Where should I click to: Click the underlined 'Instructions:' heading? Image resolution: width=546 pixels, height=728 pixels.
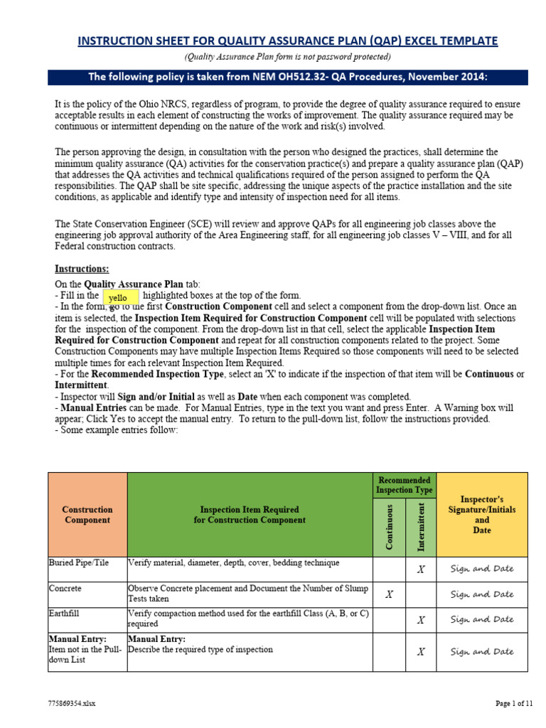pyautogui.click(x=82, y=269)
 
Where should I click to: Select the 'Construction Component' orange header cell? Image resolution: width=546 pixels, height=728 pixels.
pyautogui.click(x=87, y=515)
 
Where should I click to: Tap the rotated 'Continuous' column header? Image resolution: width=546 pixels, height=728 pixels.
pyautogui.click(x=390, y=527)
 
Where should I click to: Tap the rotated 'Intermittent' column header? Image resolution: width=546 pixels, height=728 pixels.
pyautogui.click(x=421, y=527)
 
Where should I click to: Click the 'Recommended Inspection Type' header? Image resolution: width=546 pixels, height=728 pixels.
pyautogui.click(x=405, y=486)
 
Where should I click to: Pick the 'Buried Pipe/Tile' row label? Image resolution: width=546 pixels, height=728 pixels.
pyautogui.click(x=79, y=563)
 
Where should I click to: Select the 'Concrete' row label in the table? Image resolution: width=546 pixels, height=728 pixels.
pyautogui.click(x=65, y=589)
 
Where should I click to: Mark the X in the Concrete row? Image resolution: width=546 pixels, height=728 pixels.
pyautogui.click(x=389, y=594)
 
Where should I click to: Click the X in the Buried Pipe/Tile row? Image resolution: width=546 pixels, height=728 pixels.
pyautogui.click(x=421, y=569)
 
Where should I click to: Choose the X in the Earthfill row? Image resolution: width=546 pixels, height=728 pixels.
pyautogui.click(x=421, y=620)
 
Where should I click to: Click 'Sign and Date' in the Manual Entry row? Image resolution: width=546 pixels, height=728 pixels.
pyautogui.click(x=482, y=651)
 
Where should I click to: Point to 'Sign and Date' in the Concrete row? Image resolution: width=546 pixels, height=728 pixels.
pyautogui.click(x=482, y=594)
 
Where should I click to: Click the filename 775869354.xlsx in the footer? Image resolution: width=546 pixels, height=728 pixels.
pyautogui.click(x=73, y=704)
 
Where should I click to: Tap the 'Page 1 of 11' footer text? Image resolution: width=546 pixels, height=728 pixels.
pyautogui.click(x=513, y=704)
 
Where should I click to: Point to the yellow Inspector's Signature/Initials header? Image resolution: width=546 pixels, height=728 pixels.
pyautogui.click(x=482, y=515)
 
